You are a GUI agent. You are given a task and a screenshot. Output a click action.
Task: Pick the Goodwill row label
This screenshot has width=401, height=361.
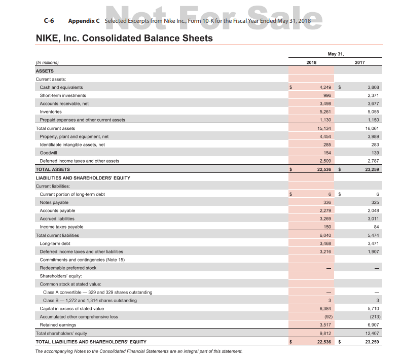48,153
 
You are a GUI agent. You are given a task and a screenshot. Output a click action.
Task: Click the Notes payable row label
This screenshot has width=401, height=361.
54,202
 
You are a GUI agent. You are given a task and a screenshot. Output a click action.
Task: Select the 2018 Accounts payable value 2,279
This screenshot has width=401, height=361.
324,210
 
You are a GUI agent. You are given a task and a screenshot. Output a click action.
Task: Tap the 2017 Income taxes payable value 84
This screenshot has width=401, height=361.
376,227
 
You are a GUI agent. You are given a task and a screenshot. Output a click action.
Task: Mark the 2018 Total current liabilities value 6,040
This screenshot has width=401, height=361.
324,235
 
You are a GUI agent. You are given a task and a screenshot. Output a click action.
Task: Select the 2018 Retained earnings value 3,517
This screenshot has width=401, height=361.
324,325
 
